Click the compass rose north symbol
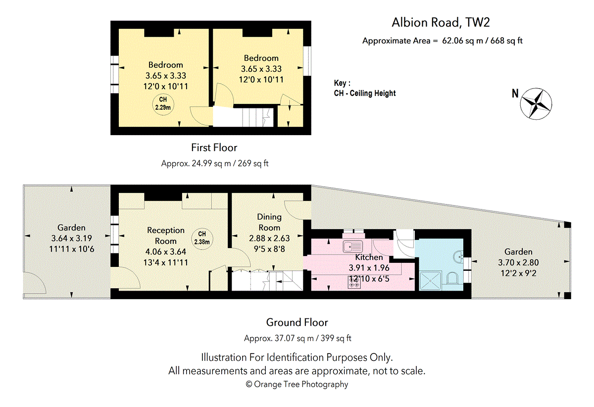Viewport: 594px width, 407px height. click(x=536, y=104)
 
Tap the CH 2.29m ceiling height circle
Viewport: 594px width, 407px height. click(x=163, y=104)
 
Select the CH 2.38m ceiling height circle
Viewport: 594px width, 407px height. click(x=202, y=239)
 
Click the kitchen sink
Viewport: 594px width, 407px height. click(x=352, y=247)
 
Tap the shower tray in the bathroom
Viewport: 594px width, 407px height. click(x=430, y=280)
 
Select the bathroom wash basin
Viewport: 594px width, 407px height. click(x=458, y=256)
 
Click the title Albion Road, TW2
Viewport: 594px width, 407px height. click(x=441, y=22)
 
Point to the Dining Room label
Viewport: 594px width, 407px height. click(x=269, y=222)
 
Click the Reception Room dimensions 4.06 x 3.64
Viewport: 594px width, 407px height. click(x=165, y=252)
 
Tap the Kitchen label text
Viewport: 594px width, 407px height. click(x=369, y=257)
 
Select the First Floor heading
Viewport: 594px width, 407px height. click(x=214, y=148)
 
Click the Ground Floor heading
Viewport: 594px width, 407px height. click(x=297, y=322)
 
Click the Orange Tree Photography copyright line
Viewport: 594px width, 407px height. click(x=297, y=384)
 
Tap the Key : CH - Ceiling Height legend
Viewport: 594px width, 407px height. click(x=365, y=88)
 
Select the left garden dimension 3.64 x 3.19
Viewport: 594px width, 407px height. click(x=72, y=238)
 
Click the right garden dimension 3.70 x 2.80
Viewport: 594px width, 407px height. click(x=518, y=262)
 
